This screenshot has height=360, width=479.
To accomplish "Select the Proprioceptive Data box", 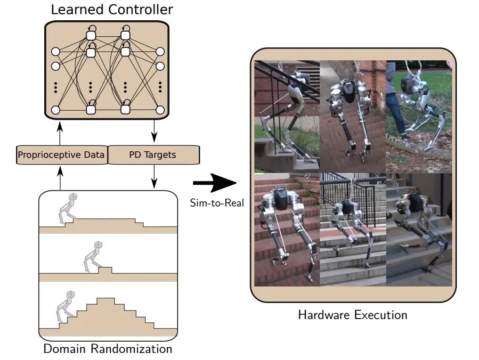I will click(x=61, y=155).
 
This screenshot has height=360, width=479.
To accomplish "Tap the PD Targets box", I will click(x=154, y=155).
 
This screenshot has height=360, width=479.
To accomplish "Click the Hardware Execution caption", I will click(x=353, y=314).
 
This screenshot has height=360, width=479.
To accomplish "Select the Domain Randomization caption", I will click(x=107, y=349).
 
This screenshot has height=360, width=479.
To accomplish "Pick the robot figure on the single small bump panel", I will click(x=92, y=257).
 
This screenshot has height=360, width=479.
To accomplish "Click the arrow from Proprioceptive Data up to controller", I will click(x=60, y=132).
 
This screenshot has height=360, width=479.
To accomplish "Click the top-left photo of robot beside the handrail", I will click(x=287, y=116).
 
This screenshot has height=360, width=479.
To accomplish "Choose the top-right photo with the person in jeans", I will click(x=419, y=116).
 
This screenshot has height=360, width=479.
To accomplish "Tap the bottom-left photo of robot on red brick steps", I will click(x=287, y=229).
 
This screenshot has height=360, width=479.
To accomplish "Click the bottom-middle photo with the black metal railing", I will click(x=353, y=229).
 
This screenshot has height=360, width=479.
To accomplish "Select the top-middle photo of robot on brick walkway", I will click(x=353, y=116).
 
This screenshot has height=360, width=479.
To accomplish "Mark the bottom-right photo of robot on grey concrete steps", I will click(x=419, y=229).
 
